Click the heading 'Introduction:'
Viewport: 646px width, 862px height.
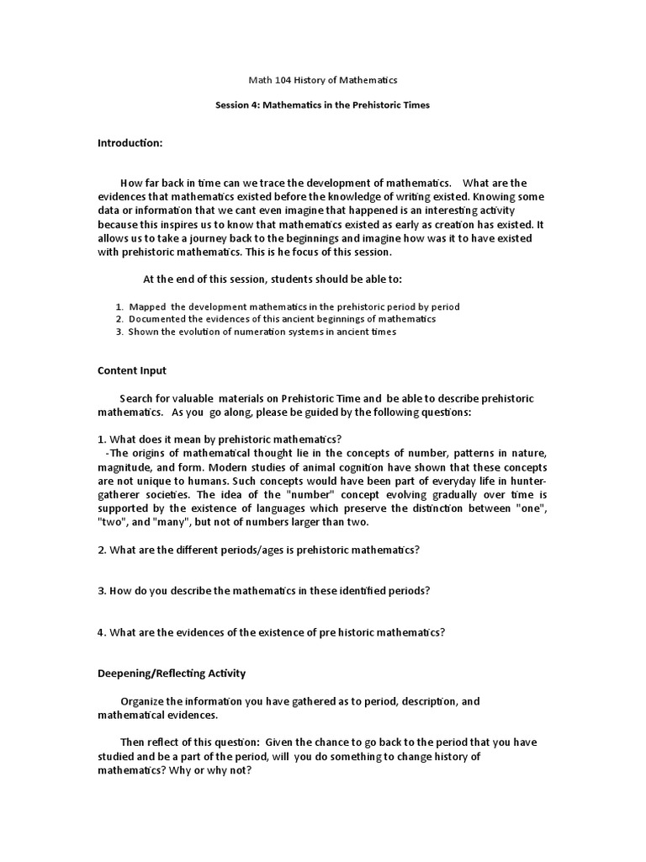pos(130,144)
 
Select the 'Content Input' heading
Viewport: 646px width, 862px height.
pos(132,370)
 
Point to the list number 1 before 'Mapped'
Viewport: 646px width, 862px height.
pos(119,306)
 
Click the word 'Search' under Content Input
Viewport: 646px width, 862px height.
pos(137,397)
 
